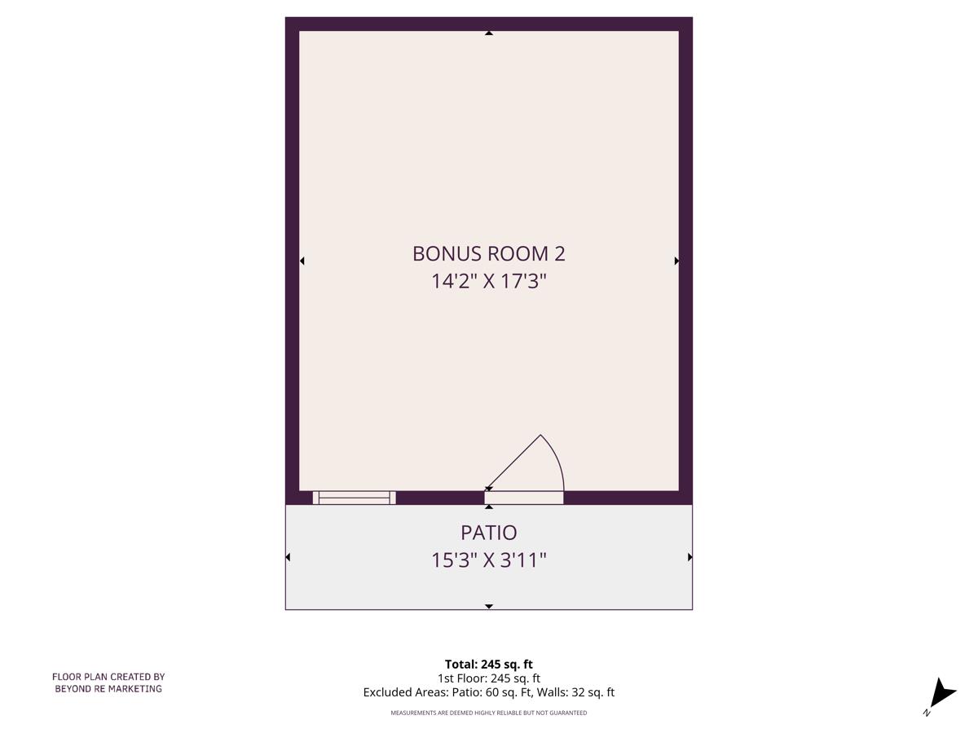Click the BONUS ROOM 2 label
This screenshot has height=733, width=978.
(x=488, y=253)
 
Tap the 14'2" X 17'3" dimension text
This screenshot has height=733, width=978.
(x=488, y=282)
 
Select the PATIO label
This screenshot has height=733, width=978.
(x=488, y=533)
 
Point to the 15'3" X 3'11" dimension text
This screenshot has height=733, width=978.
(x=488, y=560)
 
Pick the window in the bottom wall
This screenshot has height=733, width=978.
(x=355, y=498)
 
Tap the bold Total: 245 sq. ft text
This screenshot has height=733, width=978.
(x=488, y=664)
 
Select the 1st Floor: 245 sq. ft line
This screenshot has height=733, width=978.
(x=488, y=678)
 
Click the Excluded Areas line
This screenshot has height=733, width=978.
(x=488, y=692)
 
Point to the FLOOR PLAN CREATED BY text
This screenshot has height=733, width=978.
(x=108, y=676)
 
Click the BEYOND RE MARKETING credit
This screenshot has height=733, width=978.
(x=108, y=688)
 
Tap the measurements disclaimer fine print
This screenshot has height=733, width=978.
(x=488, y=713)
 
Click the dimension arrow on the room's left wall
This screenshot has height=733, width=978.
(x=302, y=261)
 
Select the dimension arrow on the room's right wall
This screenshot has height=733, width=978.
(x=676, y=261)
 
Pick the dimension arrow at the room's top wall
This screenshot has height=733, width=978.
(x=488, y=33)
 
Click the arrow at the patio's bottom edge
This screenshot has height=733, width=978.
(x=488, y=607)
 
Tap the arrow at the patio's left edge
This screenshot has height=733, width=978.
(x=288, y=557)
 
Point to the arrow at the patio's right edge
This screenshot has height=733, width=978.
(x=689, y=557)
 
